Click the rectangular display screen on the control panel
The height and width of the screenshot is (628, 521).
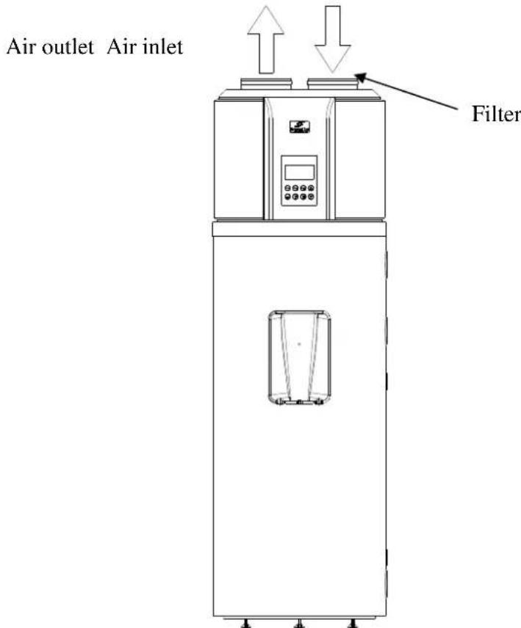(300, 172)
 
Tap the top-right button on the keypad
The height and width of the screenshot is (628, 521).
(311, 189)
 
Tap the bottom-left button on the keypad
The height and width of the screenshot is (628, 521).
(288, 198)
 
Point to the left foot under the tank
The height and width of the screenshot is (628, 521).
(245, 623)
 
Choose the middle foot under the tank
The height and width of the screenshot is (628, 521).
(299, 623)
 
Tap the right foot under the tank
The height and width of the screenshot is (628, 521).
(354, 623)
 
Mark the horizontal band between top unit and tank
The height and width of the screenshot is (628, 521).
(299, 229)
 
